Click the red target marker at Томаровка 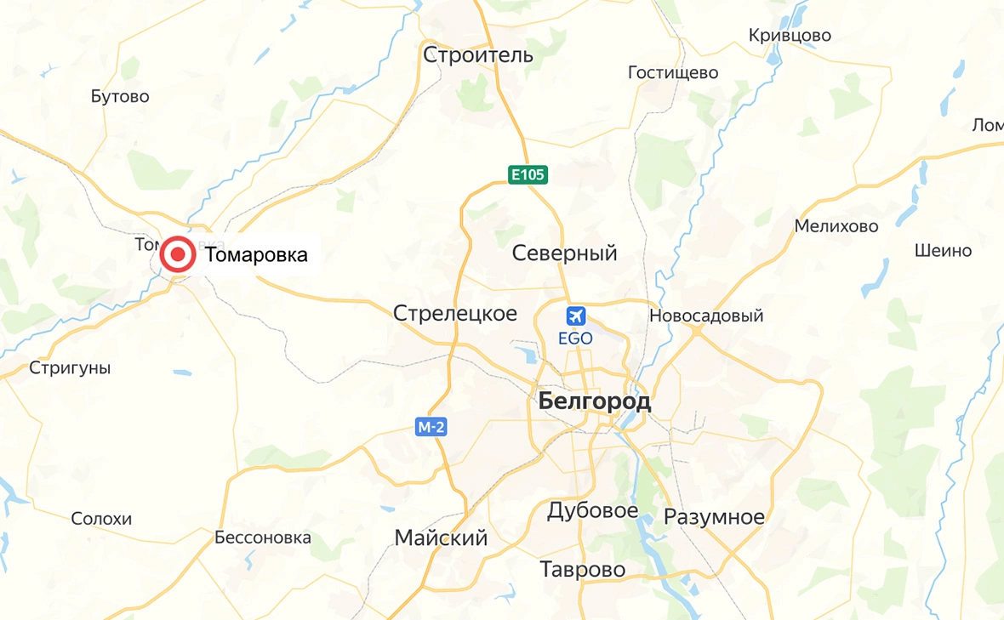(178, 254)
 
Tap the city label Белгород (595, 401)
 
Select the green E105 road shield (528, 175)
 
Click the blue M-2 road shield (431, 427)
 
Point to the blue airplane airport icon (576, 316)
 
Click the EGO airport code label (575, 338)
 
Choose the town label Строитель (478, 55)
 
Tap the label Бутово (120, 96)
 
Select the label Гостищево (673, 73)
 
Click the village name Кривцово (790, 36)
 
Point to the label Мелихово (836, 226)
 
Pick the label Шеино (943, 251)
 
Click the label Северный (564, 253)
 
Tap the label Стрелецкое (455, 313)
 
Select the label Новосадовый (706, 316)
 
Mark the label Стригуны (70, 368)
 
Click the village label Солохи (101, 519)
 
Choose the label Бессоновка (263, 538)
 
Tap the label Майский (441, 538)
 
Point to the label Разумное (714, 517)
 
